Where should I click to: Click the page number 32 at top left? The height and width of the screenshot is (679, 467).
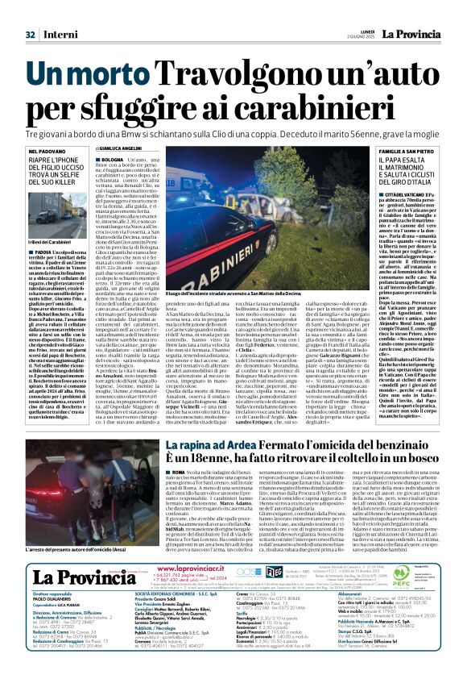(x=31, y=35)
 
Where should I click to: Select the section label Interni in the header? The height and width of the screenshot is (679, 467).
(x=56, y=35)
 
